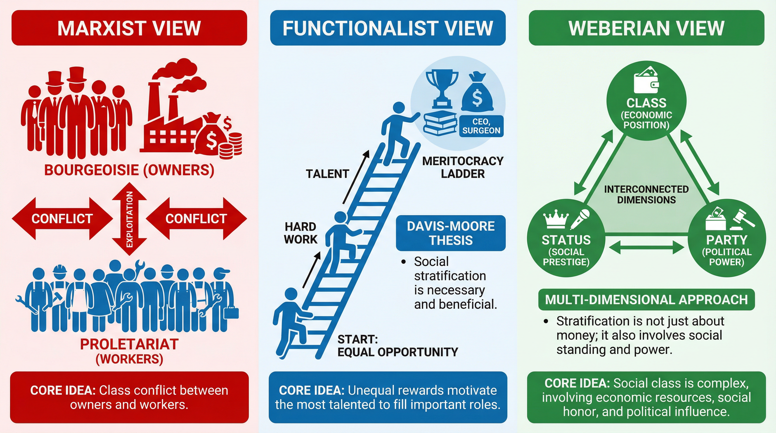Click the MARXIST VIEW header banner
[x=129, y=28]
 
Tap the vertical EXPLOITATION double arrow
[x=129, y=219]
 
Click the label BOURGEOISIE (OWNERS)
[x=129, y=170]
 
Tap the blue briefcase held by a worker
[x=231, y=313]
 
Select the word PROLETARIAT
[x=129, y=344]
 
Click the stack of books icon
[x=440, y=123]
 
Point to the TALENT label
[x=327, y=174]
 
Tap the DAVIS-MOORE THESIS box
[x=451, y=233]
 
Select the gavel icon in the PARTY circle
[x=744, y=218]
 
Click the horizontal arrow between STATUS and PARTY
[x=646, y=248]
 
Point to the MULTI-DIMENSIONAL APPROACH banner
[x=646, y=299]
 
